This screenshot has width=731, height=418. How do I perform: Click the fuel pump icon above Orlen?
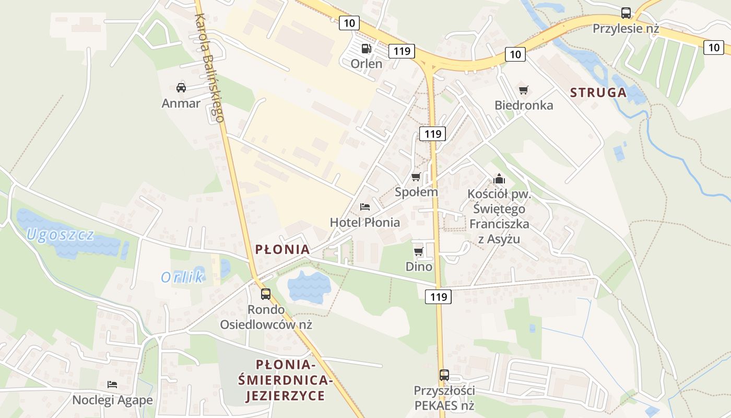tap(367, 49)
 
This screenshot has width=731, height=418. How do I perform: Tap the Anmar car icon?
tap(181, 87)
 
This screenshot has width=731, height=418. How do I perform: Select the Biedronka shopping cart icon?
tap(523, 90)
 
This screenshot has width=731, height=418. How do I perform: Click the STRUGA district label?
tap(598, 92)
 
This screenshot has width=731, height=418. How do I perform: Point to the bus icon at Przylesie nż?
tap(626, 13)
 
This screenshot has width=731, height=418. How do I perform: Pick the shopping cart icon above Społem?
tap(416, 177)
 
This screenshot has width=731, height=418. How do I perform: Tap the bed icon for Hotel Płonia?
tap(365, 207)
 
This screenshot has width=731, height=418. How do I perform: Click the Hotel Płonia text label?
tap(365, 223)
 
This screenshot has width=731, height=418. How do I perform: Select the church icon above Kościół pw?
tap(499, 179)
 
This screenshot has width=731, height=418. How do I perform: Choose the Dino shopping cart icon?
tap(418, 252)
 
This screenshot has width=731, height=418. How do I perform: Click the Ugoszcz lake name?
tap(61, 235)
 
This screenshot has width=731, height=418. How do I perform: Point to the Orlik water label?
tap(182, 277)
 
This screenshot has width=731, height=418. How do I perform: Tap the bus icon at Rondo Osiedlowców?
tap(266, 294)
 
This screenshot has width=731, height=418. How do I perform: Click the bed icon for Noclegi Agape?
tap(112, 385)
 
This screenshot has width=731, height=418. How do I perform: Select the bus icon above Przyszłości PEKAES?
tap(444, 375)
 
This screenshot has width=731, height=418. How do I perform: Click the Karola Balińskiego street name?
tap(209, 68)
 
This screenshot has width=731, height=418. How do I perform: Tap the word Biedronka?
tap(524, 105)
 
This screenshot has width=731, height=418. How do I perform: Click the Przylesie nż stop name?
tap(626, 29)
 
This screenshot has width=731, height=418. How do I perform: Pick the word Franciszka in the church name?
tap(499, 224)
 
